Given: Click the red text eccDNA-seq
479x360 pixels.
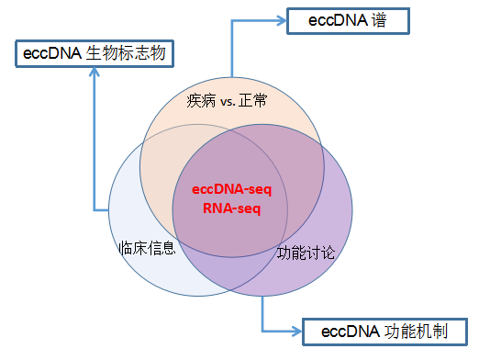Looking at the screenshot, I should coord(231,189).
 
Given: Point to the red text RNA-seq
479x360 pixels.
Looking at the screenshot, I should coord(231,208).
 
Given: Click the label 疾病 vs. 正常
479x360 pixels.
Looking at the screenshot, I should coord(228,99).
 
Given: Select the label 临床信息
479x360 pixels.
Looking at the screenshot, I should coord(148,248).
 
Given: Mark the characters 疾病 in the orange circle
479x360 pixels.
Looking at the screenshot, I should coord(202,99).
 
